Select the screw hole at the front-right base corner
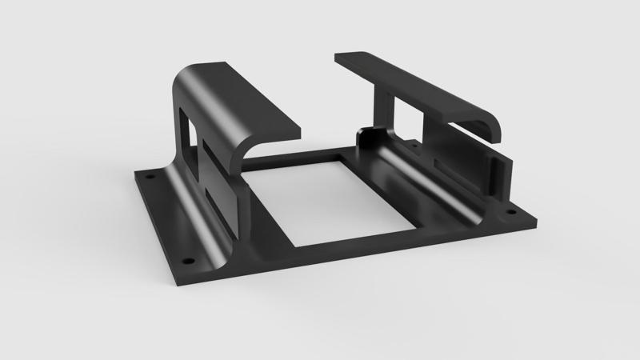(x=503, y=215)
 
